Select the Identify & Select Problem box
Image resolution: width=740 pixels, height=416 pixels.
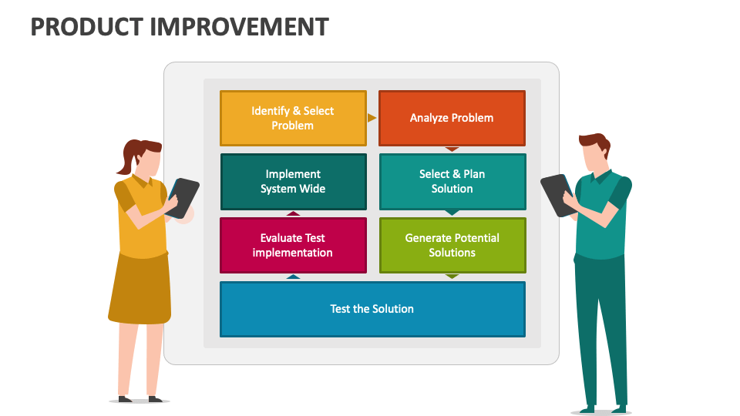293,118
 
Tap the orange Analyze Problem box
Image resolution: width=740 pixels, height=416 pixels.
452,118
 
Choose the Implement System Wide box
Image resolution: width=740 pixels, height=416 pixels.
293,182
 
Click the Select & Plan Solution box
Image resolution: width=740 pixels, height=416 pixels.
452,182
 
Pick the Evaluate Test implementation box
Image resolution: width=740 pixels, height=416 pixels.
293,245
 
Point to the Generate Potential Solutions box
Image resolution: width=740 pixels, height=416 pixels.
452,245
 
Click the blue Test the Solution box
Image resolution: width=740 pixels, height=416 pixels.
372,309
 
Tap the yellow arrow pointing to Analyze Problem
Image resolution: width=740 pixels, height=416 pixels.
372,118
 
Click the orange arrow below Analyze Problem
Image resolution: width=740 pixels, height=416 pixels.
452,149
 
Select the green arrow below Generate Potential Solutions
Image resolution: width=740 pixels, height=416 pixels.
452,276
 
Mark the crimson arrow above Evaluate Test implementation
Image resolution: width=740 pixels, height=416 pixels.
293,213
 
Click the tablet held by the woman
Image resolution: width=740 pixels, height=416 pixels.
184,197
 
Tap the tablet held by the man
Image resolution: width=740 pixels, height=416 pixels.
555,194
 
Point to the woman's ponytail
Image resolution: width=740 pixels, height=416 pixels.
123,160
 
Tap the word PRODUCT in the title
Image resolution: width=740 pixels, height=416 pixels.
85,27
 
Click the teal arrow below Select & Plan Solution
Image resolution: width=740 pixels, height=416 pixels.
452,213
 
